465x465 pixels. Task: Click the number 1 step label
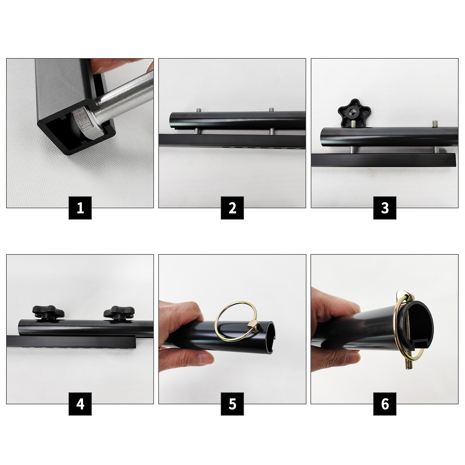80,208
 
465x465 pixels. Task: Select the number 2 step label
232,208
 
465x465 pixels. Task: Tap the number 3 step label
385,208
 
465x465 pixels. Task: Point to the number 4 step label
80,404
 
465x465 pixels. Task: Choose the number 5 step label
232,404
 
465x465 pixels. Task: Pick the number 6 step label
385,404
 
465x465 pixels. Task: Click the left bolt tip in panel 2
199,110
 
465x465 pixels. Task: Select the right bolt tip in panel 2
272,109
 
